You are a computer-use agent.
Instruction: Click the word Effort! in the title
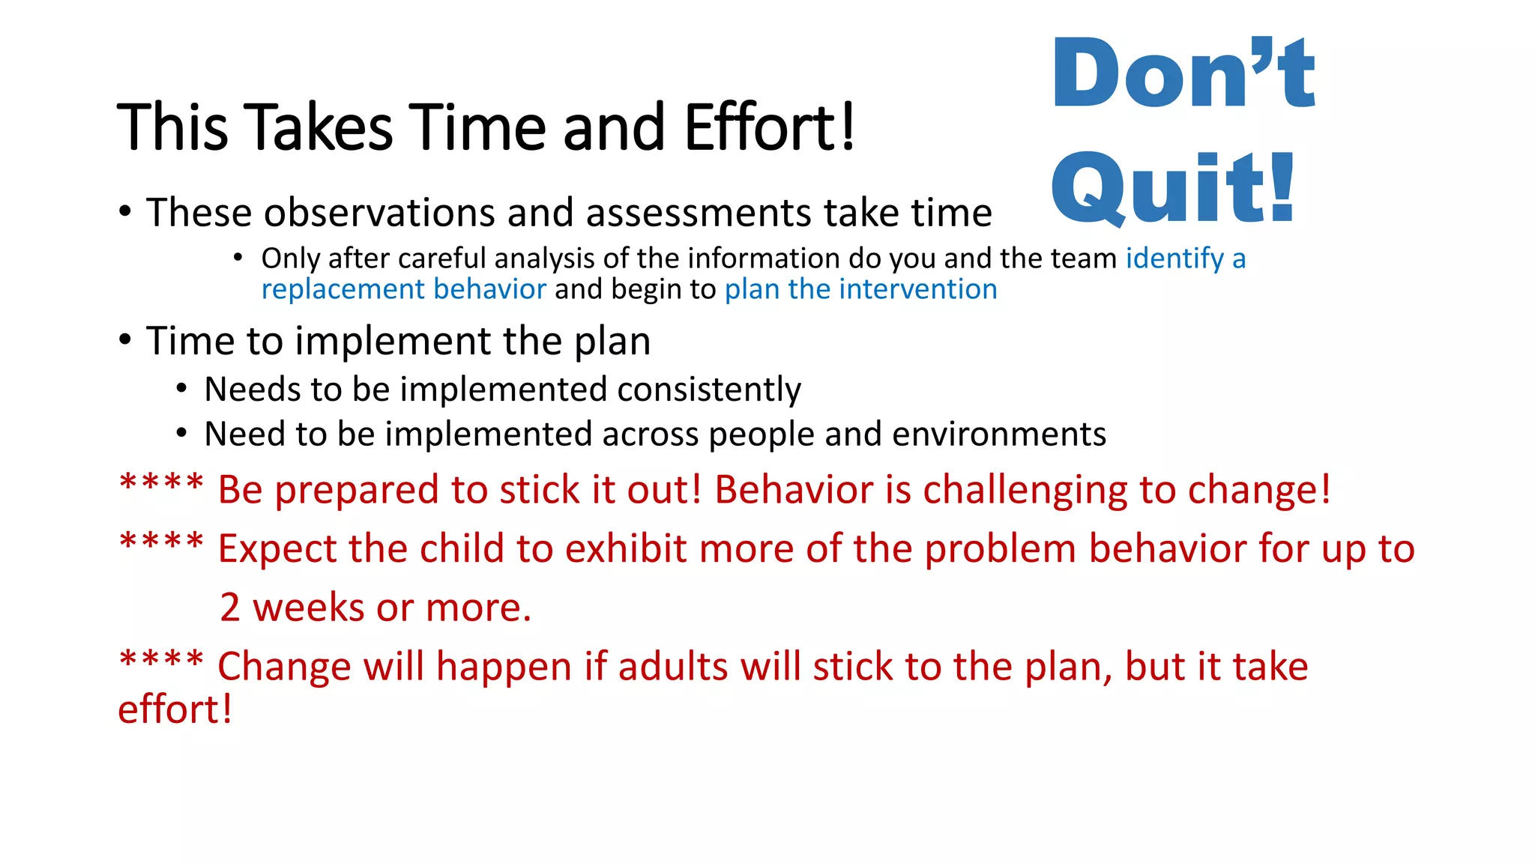click(769, 127)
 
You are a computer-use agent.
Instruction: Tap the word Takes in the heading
click(319, 127)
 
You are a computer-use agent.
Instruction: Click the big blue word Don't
click(1183, 73)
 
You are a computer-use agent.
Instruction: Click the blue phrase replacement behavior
click(404, 289)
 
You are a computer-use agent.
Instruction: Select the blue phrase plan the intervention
click(860, 289)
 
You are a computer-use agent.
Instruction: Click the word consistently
click(708, 390)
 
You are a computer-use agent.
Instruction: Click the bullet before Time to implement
click(125, 341)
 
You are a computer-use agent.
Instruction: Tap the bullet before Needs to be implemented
click(181, 389)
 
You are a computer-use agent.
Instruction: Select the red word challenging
click(1024, 491)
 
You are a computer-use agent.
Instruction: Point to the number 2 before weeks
click(230, 608)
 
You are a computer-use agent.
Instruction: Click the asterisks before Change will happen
click(161, 660)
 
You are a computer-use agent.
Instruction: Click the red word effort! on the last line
click(175, 709)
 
